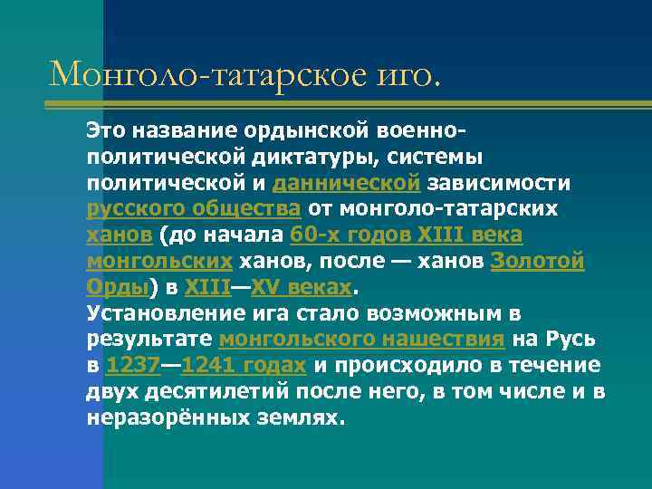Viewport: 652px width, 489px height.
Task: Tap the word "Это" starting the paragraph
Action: [x=105, y=129]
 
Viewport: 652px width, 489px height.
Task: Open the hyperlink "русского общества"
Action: [x=194, y=209]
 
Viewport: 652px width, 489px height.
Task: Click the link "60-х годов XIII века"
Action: [x=406, y=235]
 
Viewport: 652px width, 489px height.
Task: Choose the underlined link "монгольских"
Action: [x=159, y=262]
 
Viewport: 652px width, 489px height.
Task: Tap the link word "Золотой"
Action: [x=537, y=262]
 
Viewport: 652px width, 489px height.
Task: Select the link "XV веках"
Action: [x=300, y=288]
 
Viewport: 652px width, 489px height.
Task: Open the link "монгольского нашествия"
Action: [x=361, y=340]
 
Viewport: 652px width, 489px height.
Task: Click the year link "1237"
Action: [x=132, y=367]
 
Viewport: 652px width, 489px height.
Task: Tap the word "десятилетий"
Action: [x=223, y=393]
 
